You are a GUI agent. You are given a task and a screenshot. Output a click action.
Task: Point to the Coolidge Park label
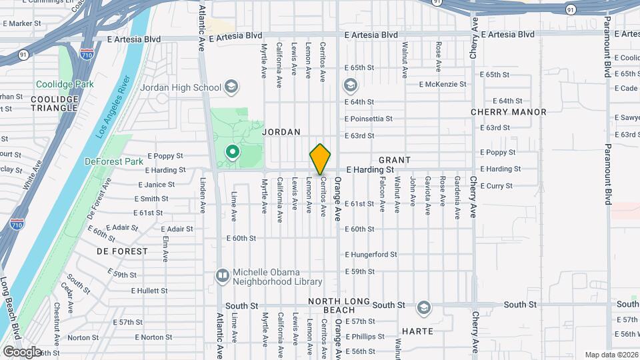point(65,85)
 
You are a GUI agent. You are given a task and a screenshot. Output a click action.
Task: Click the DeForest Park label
point(114,161)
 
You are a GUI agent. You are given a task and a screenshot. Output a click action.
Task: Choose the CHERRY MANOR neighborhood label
point(509,112)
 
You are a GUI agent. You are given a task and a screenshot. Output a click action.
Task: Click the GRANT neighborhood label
point(395,160)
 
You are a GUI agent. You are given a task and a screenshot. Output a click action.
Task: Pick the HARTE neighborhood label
point(418,331)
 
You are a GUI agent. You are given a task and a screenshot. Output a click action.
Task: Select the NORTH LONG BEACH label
point(339,306)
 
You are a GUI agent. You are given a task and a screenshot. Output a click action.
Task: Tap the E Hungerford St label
point(371,255)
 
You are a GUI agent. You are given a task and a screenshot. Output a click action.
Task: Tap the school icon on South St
point(423,308)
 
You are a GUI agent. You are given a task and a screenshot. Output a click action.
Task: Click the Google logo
point(22,351)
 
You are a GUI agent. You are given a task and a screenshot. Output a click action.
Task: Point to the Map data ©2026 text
point(611,354)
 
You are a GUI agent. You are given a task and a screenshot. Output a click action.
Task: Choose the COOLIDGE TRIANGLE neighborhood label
point(55,104)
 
